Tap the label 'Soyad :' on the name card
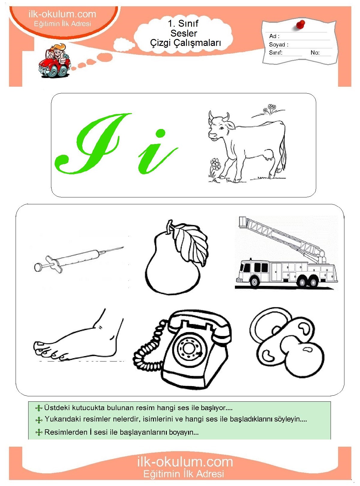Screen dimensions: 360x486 click(x=278, y=44)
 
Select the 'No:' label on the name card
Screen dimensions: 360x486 click(x=315, y=52)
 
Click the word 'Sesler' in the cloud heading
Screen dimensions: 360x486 click(x=184, y=33)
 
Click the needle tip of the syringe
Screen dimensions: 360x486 click(x=123, y=247)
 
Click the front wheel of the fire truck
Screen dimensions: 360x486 click(x=254, y=282)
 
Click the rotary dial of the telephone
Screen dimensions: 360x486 click(x=188, y=347)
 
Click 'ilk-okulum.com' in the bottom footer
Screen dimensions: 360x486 click(x=185, y=461)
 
